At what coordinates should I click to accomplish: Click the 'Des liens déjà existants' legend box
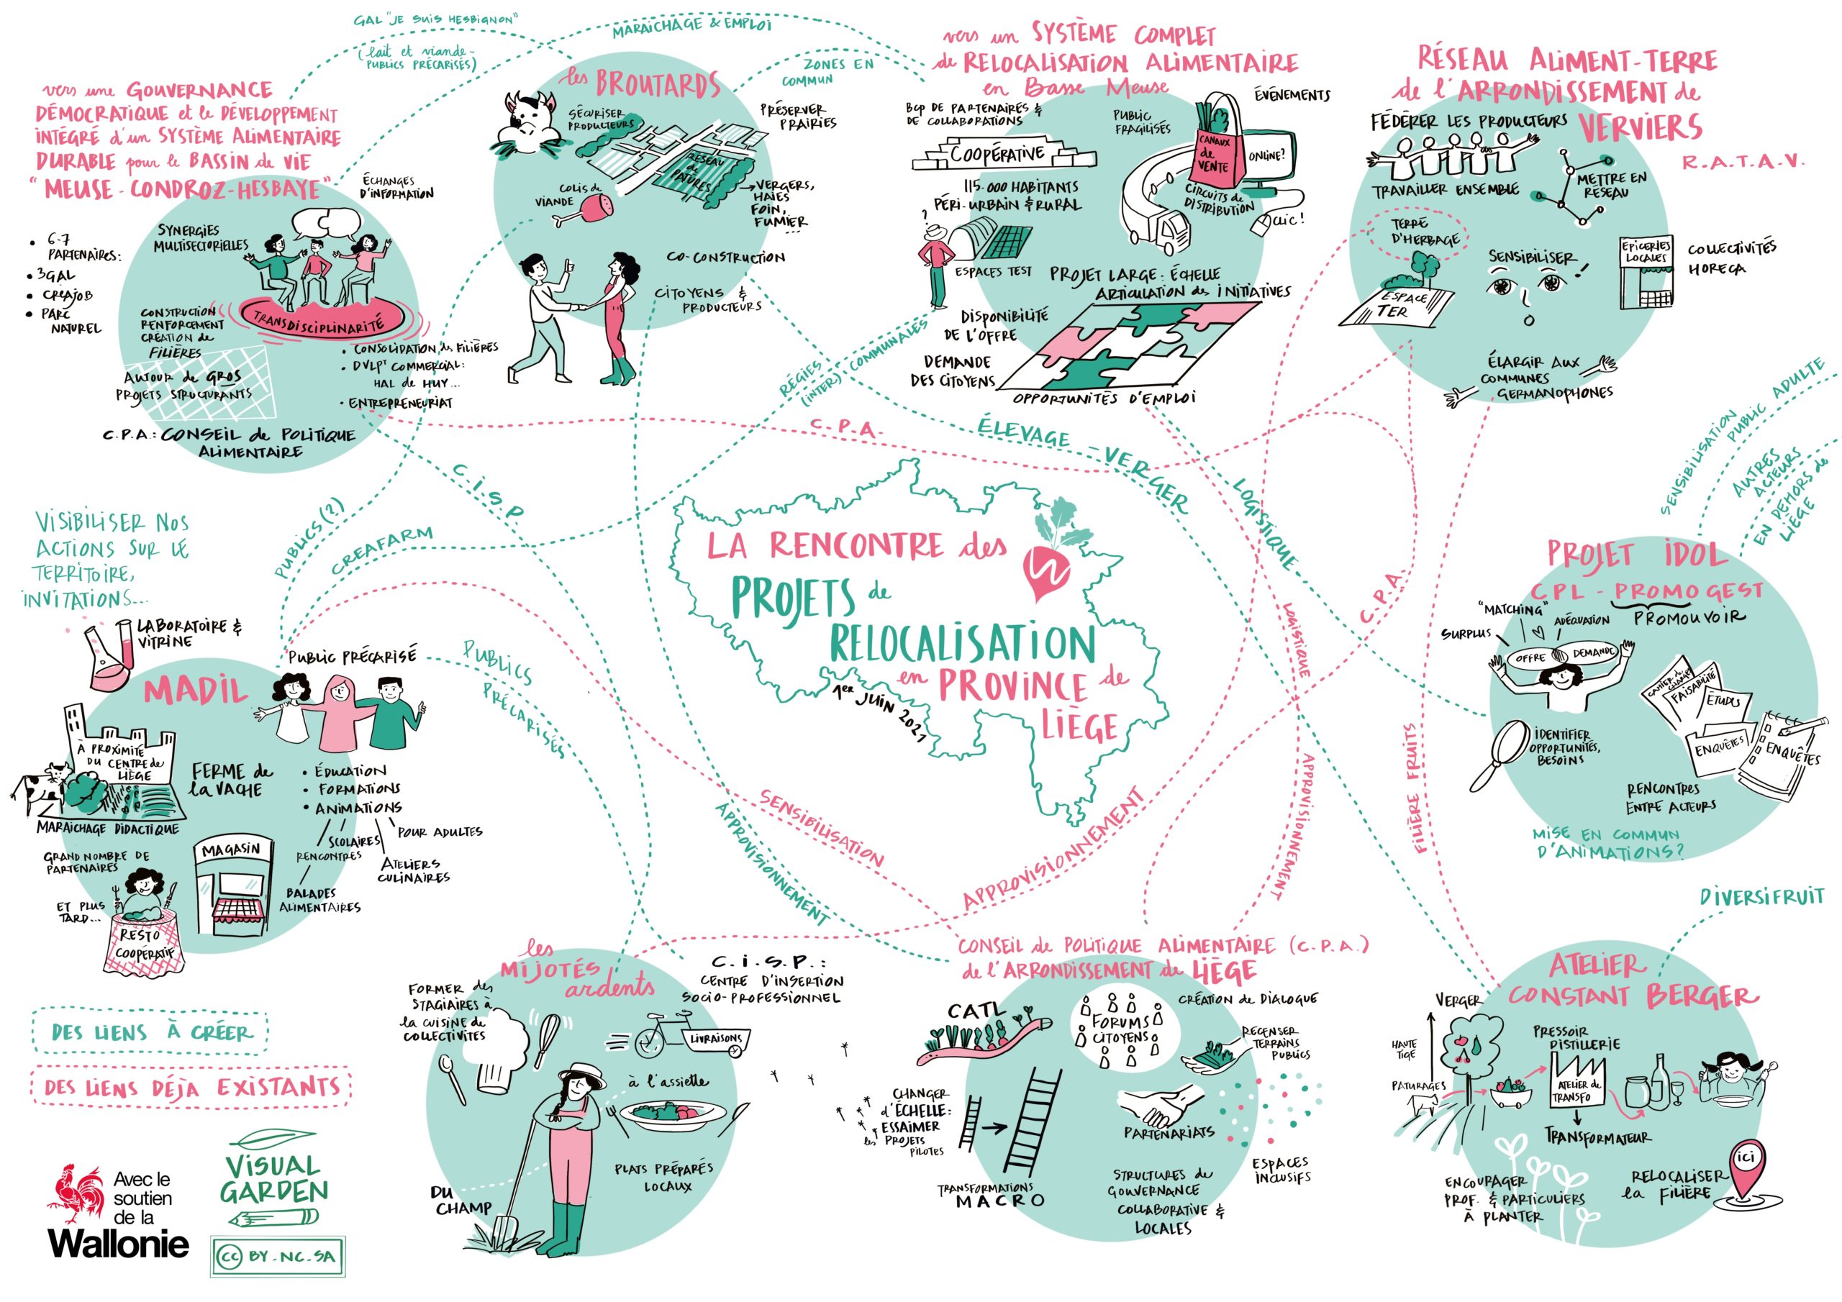[191, 1088]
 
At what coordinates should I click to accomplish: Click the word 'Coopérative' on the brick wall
[997, 154]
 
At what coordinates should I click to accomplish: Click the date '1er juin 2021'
[881, 711]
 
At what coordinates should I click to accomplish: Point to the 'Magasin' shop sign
[230, 850]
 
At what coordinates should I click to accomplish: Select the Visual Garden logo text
[273, 1178]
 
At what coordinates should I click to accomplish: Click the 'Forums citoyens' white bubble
[1122, 1031]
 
